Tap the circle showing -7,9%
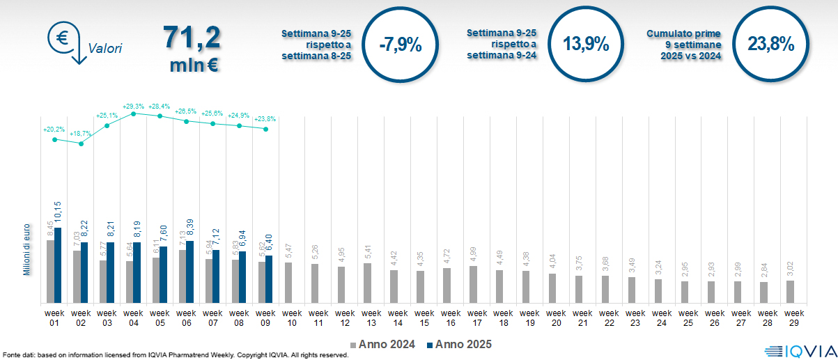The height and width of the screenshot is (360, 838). coord(401,45)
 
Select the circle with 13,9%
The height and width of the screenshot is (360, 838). coord(586,45)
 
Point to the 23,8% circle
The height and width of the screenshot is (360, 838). coord(771,45)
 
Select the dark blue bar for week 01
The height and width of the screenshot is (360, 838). coord(58,265)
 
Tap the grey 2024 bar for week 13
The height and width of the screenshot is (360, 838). coord(367,283)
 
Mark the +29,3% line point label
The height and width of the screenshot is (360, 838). coord(133,106)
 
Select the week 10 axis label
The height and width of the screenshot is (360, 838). coord(292,318)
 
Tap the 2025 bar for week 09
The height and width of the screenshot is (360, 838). coord(270,279)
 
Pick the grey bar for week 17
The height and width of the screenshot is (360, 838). coord(473,284)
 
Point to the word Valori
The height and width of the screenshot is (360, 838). coord(105,49)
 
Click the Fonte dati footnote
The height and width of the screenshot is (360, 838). coord(174,355)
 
